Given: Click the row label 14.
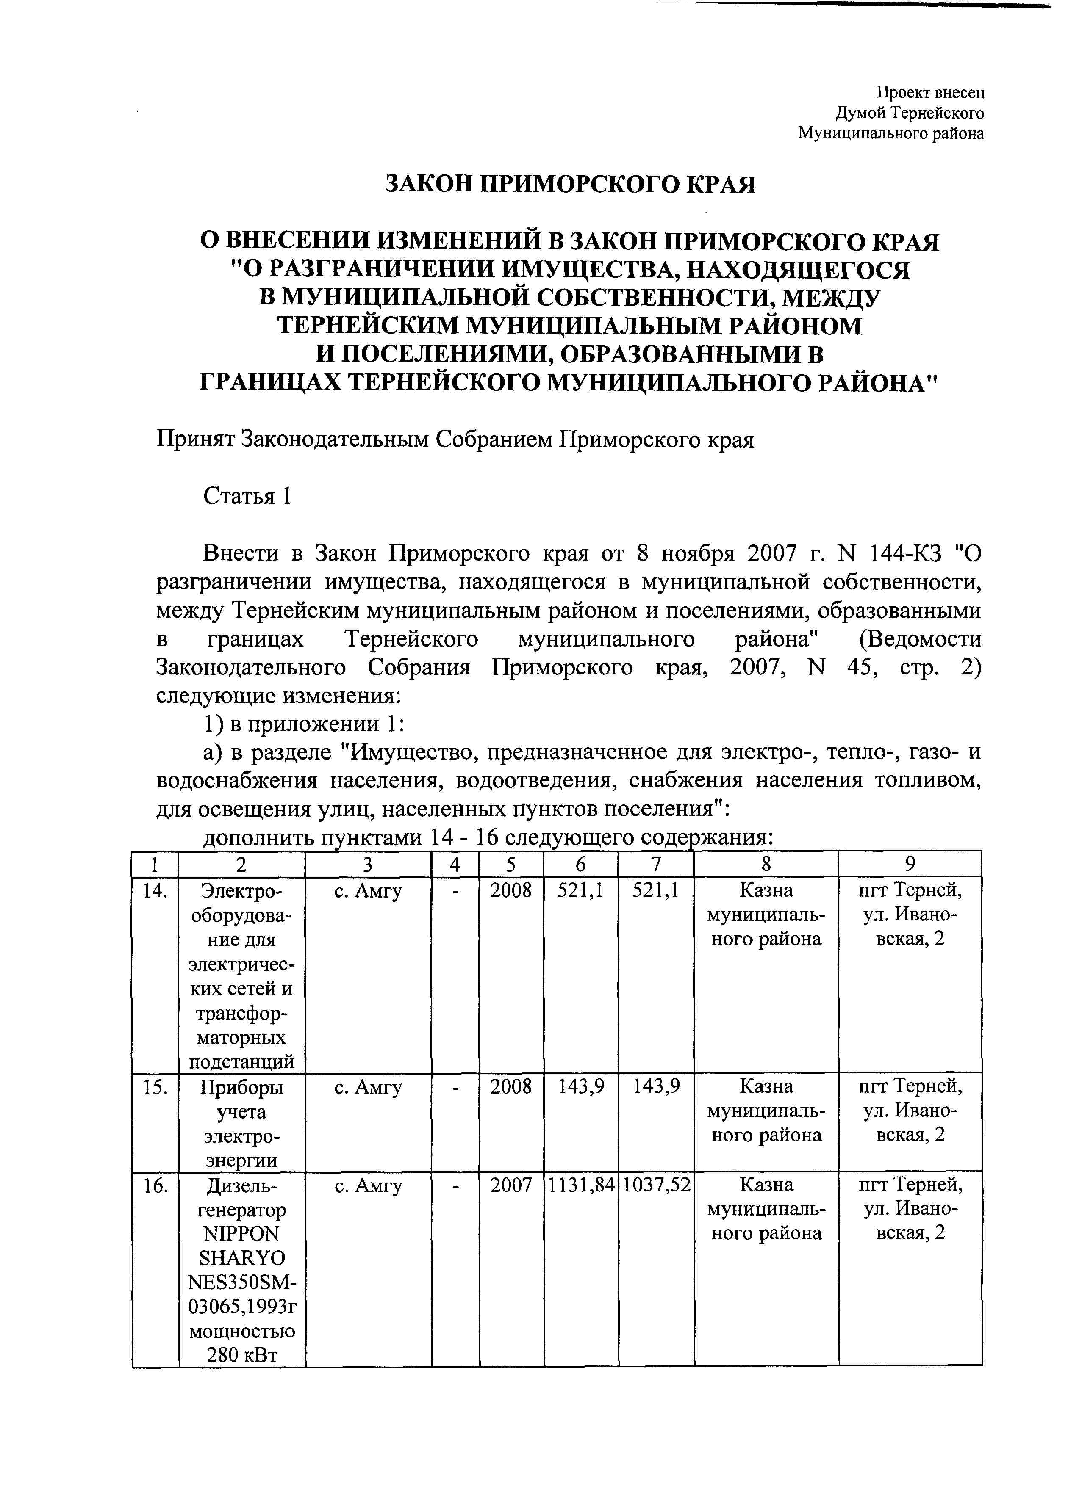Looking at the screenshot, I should [x=155, y=891].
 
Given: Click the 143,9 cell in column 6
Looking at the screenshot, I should [x=581, y=1086].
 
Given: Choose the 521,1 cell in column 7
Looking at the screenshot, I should [x=656, y=891].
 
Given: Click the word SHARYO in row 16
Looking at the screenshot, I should [x=241, y=1258].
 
